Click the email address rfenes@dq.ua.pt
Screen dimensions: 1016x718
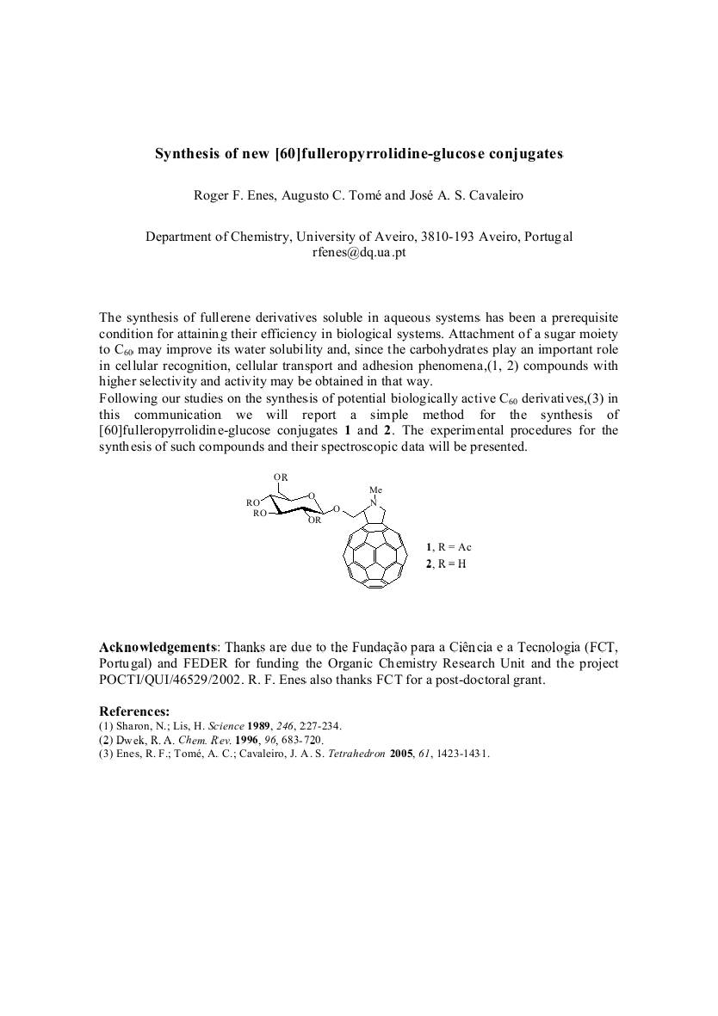coord(358,252)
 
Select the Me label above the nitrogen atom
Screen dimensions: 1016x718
coord(375,490)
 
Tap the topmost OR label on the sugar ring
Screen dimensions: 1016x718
coord(281,477)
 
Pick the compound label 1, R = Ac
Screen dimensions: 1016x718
coord(449,547)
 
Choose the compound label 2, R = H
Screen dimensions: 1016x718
coord(446,564)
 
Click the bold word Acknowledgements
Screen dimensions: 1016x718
coord(158,647)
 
